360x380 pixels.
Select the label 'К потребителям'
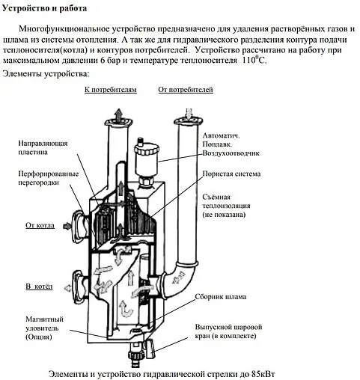[x=110, y=90]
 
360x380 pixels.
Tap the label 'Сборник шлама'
[x=224, y=297]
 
